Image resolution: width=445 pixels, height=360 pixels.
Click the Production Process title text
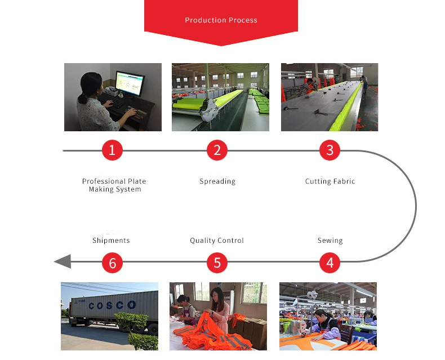[221, 20]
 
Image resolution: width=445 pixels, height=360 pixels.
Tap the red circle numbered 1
[112, 150]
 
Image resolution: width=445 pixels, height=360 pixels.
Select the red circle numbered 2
[217, 150]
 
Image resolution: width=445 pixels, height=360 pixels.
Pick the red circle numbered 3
[330, 150]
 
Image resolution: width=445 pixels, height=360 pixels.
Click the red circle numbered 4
[330, 262]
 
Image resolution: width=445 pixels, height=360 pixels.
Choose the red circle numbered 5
[217, 262]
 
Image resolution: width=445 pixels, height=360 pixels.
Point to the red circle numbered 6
[112, 262]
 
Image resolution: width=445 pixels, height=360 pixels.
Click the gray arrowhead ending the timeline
[62, 261]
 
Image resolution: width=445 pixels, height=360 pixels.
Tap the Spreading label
[217, 181]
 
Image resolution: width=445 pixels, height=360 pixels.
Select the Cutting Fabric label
[330, 181]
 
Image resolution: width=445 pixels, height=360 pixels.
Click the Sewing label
[330, 241]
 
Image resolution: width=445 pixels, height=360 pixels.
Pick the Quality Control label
[217, 241]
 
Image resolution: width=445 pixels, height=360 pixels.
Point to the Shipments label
[111, 241]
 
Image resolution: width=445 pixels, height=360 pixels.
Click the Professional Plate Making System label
[114, 185]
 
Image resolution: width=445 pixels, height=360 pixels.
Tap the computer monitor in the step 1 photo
[130, 85]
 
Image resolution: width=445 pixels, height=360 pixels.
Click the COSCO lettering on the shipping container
[112, 305]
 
